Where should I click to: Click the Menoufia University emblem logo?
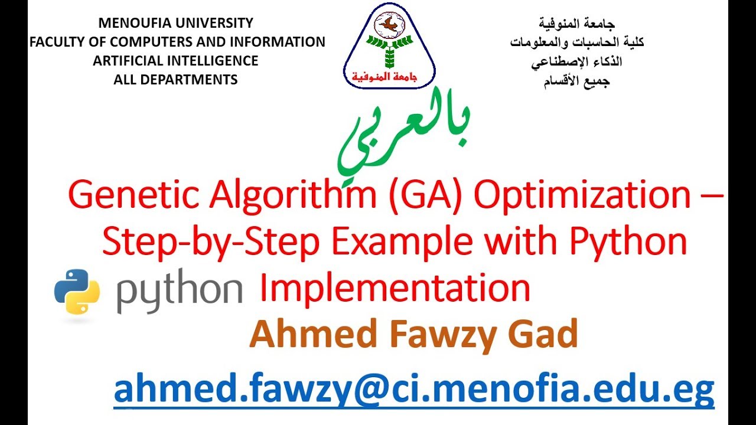point(389,45)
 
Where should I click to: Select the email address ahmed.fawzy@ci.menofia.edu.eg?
point(414,389)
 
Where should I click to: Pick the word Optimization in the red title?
point(582,195)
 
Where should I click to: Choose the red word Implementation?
point(395,289)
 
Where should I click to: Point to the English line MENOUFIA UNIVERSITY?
point(175,23)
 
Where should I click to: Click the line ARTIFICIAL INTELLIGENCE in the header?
point(175,61)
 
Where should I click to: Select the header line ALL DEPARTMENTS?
point(175,80)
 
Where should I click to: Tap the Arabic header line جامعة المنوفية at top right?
point(577,24)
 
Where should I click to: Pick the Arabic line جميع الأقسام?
point(577,81)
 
